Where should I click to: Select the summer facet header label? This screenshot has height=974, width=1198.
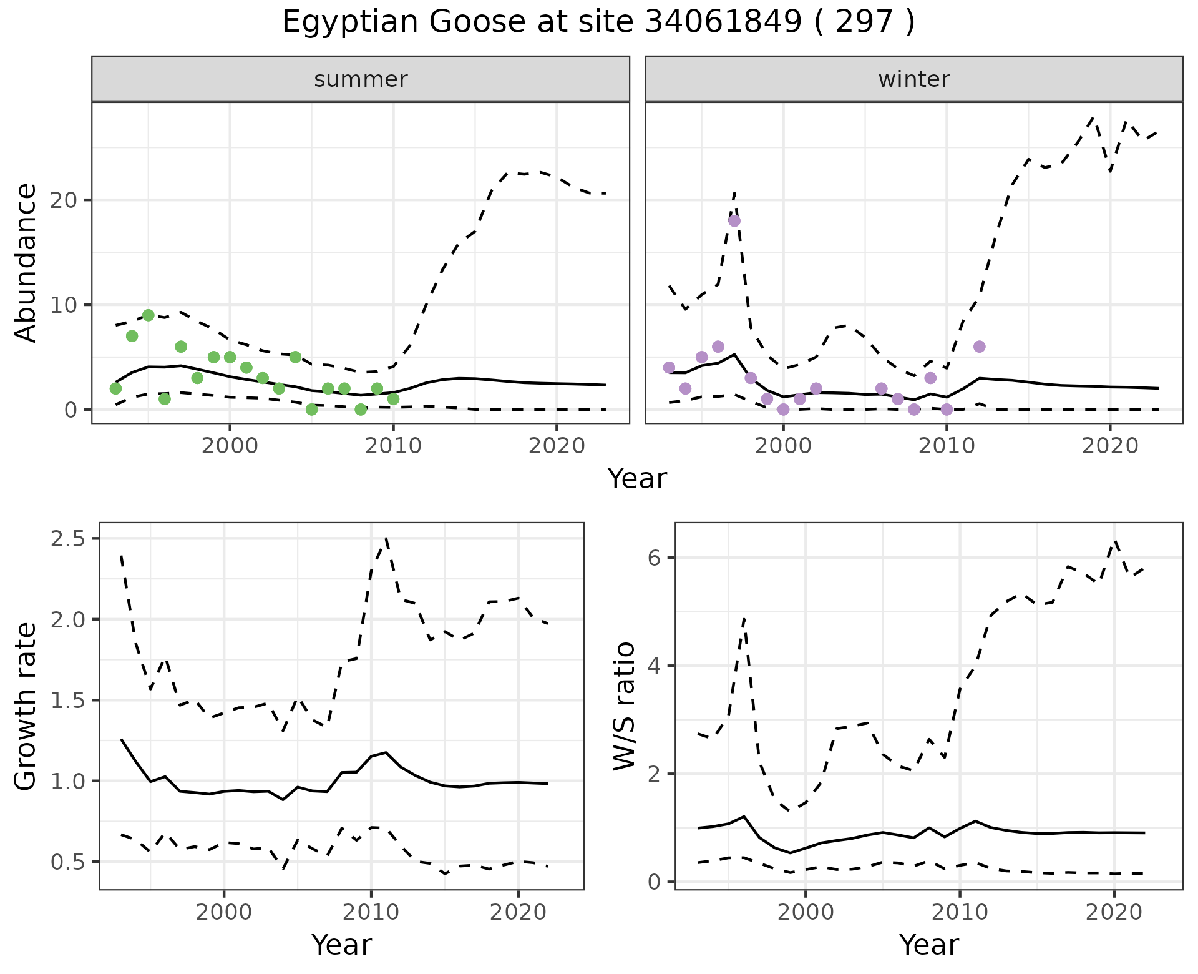(x=361, y=79)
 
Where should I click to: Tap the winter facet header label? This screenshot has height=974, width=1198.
(x=913, y=79)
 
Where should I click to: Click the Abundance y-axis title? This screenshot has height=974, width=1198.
(x=26, y=262)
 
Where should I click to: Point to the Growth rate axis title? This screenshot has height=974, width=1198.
(x=26, y=706)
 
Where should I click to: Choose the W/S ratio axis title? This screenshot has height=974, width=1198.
(x=625, y=706)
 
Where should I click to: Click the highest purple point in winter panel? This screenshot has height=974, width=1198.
(x=734, y=220)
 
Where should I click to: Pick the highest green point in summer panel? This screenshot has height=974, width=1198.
(x=149, y=315)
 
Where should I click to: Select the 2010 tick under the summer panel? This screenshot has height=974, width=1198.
(x=393, y=446)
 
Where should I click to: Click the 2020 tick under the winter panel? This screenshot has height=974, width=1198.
(x=1109, y=446)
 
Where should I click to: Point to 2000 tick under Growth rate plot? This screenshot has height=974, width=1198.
(x=224, y=912)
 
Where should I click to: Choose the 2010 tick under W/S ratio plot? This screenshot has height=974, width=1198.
(x=960, y=912)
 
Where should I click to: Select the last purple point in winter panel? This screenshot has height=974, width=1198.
(x=979, y=347)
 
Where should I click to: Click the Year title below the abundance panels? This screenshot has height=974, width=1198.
(x=636, y=479)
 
